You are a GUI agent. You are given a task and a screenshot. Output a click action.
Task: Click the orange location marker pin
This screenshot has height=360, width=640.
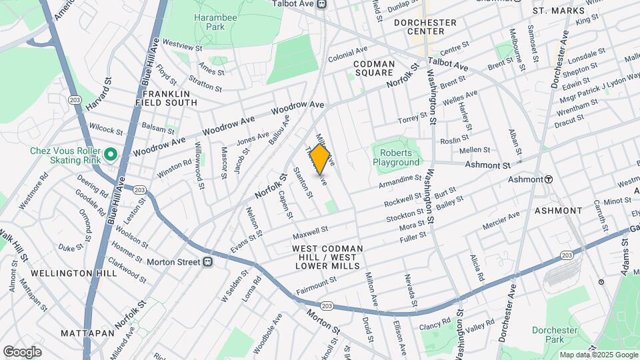pos(320,159)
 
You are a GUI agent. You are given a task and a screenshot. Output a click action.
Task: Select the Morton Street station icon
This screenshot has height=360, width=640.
pos(208,261)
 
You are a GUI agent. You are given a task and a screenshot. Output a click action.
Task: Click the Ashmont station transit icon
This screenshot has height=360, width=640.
pos(549,179)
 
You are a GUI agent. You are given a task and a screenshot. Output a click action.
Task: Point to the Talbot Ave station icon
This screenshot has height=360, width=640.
pos(321,4)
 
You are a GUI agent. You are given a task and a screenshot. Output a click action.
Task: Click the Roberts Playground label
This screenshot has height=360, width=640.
pos(396,157)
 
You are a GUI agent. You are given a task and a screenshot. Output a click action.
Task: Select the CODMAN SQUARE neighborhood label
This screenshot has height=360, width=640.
pos(374,69)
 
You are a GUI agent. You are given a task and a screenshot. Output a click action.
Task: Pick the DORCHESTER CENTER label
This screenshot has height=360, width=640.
pos(425,27)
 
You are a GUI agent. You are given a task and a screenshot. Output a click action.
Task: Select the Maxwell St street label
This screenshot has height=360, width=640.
pos(311,233)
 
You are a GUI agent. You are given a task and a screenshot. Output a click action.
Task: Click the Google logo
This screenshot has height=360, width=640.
pos(22,352)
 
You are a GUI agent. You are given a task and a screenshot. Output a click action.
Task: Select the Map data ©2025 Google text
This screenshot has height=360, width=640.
pos(598,355)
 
